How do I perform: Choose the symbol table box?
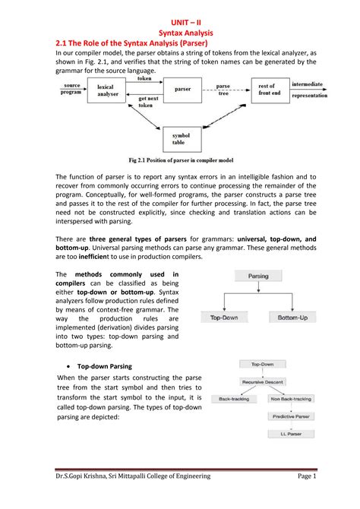tap(183, 141)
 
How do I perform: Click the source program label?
tap(72, 90)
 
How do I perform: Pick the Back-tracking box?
tap(235, 398)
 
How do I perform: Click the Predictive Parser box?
tap(292, 416)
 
